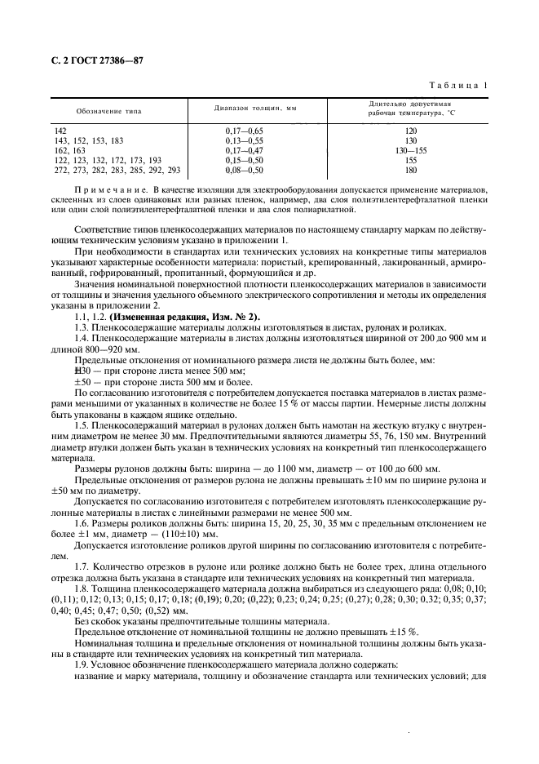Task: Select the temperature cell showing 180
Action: coord(410,170)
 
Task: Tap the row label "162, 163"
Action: coord(69,150)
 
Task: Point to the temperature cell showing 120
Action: coord(410,131)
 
